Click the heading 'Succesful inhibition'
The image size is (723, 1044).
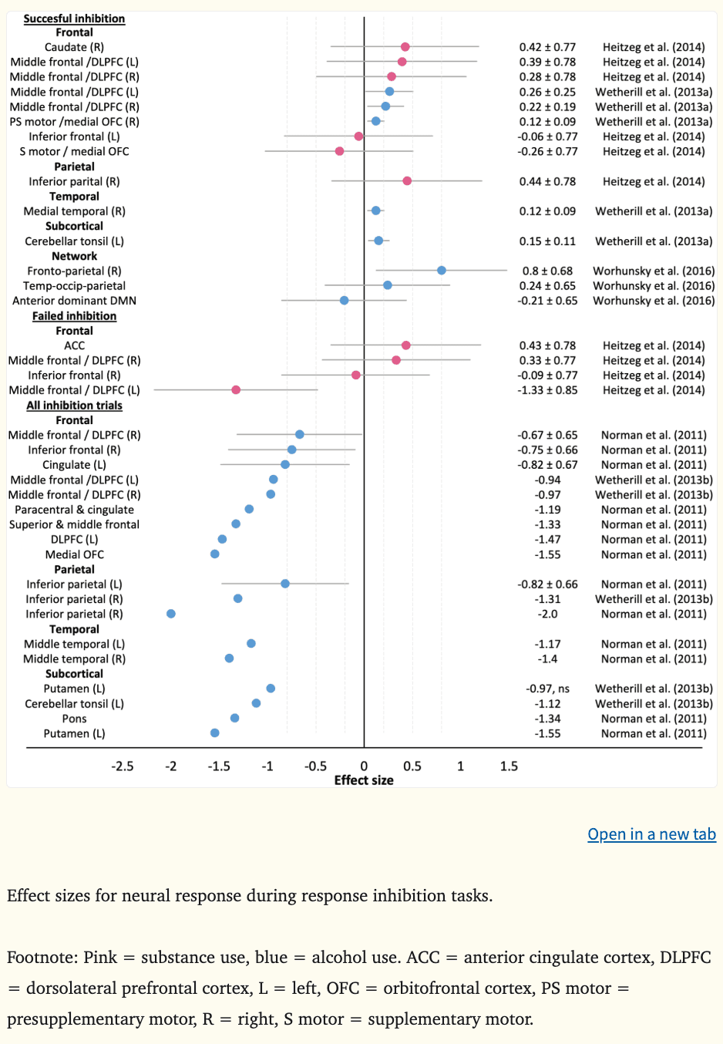coord(74,19)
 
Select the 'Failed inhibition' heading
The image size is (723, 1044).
coord(74,316)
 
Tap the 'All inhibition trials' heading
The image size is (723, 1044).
coord(74,406)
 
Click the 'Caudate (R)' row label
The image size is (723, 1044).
coord(74,47)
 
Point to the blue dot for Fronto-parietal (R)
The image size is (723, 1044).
coord(442,271)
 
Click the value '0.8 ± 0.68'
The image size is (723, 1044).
coord(547,271)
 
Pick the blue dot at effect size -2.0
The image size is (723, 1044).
coord(171,614)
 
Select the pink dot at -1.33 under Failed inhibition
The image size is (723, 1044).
coord(236,390)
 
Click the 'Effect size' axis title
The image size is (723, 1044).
coord(364,780)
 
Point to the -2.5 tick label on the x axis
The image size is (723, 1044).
coord(123,766)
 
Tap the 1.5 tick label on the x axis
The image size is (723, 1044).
coord(509,766)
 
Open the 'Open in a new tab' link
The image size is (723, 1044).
coord(651,834)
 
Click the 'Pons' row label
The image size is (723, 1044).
coord(74,719)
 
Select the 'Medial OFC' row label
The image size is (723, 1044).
coord(74,554)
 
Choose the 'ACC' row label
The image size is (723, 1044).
coord(74,345)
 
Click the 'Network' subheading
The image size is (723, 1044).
coord(74,256)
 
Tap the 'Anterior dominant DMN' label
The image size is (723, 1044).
coord(74,301)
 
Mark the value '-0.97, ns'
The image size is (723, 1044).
coord(547,689)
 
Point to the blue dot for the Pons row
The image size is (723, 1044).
coord(235,719)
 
